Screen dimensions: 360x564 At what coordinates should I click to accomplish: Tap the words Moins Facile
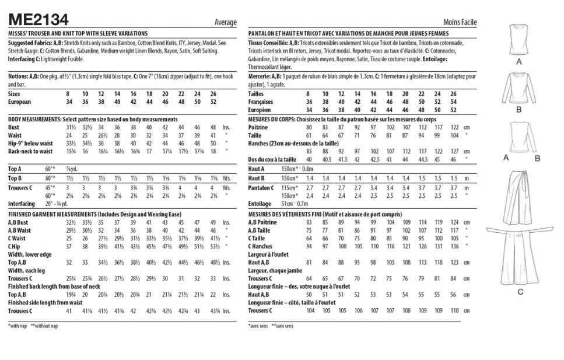460,23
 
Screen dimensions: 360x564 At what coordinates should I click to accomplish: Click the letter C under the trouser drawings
520,291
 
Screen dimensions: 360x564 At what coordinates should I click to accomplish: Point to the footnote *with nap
18,326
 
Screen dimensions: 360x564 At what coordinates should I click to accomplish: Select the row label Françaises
262,102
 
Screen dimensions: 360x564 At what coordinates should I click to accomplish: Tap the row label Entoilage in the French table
261,204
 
